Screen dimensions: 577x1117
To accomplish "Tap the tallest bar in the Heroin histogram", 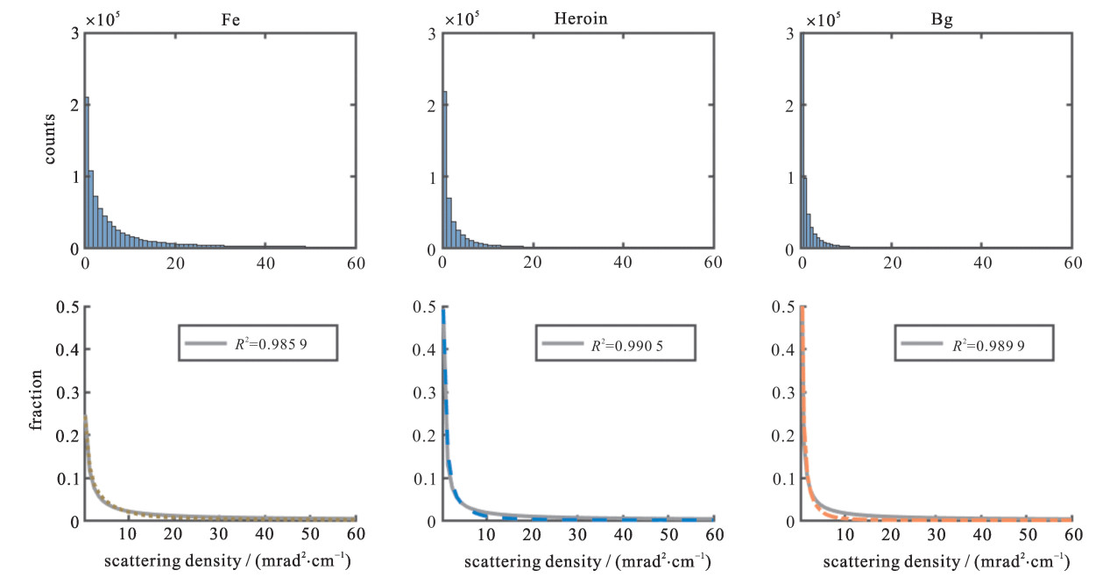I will coord(445,170).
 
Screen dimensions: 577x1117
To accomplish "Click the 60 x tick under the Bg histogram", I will coord(1072,263).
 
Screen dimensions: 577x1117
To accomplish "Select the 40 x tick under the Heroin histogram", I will coord(623,263).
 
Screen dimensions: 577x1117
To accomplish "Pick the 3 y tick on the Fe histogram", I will coord(74,34).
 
